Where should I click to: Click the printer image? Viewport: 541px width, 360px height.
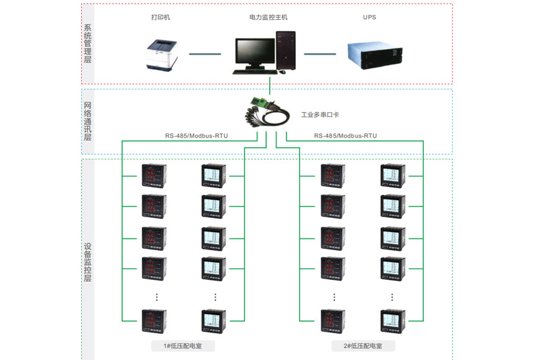tap(161, 54)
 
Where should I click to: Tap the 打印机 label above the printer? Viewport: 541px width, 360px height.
tap(160, 17)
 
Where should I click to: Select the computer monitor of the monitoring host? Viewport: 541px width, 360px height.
tap(254, 52)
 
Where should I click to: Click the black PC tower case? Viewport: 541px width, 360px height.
tap(286, 50)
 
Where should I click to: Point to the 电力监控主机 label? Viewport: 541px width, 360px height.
tap(269, 17)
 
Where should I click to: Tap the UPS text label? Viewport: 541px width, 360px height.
tap(370, 17)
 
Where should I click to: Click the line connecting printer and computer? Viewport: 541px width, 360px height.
tap(205, 54)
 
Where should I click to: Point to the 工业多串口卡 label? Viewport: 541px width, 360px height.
tap(320, 115)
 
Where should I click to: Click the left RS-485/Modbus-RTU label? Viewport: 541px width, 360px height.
tap(196, 135)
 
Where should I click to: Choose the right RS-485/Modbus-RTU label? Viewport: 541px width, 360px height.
tap(345, 135)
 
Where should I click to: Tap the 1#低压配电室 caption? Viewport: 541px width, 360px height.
tap(183, 346)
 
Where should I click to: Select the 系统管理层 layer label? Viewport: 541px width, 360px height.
tap(87, 43)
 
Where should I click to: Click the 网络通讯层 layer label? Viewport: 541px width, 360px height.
tap(87, 121)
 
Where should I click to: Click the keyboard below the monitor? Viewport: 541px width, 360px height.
tap(251, 71)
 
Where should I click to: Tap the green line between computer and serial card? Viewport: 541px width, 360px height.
tap(270, 85)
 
